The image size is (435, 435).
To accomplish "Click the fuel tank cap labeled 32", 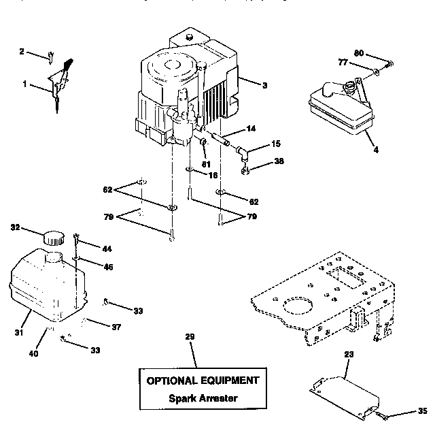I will (52, 238).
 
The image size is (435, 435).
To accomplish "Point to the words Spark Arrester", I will (203, 398).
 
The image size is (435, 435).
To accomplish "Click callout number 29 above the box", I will (190, 337).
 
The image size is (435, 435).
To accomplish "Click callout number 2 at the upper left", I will (21, 51).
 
